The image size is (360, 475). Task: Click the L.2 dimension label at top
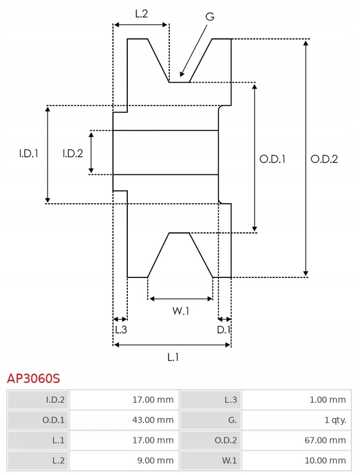pos(141,14)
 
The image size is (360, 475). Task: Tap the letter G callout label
pos(210,16)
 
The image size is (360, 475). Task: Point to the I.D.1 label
pos(29,154)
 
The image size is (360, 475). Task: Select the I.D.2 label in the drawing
pos(73,154)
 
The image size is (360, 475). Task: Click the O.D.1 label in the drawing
pos(272,159)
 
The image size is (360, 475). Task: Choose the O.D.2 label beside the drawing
pos(324,159)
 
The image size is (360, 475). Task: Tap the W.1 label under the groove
pos(181,311)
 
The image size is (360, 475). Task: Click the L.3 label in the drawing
pos(121,330)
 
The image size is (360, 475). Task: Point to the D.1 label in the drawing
pos(224,330)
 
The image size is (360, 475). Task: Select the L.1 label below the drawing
pos(173,358)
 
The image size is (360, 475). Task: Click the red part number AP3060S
pos(33,379)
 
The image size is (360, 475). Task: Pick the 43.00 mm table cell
pos(124,420)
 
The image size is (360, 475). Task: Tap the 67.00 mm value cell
pos(296,440)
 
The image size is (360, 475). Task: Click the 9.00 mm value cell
pos(124,461)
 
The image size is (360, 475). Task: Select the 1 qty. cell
pos(296,420)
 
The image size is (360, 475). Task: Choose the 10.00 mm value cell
pos(296,461)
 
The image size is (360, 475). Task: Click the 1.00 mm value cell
pos(296,400)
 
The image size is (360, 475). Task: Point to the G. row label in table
pos(211,420)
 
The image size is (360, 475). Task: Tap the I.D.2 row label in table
pos(38,400)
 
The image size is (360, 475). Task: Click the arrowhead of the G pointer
pos(182,74)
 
